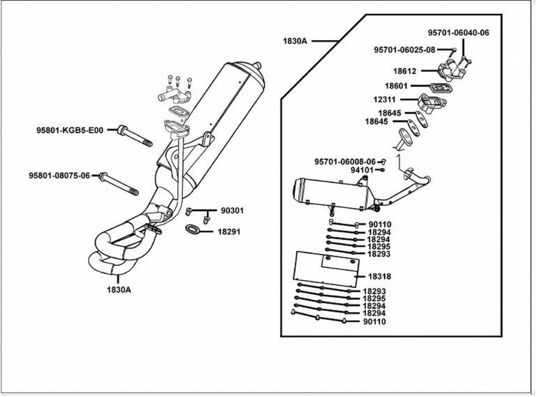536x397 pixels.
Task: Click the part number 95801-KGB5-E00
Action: (71, 130)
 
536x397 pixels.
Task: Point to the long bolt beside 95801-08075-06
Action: (118, 183)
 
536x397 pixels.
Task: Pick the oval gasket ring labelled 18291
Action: (192, 231)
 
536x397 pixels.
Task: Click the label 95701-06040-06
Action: (458, 33)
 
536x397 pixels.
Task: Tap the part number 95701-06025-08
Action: (405, 50)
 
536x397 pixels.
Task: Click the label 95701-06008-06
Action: (345, 161)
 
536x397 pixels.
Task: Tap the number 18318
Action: (379, 277)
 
